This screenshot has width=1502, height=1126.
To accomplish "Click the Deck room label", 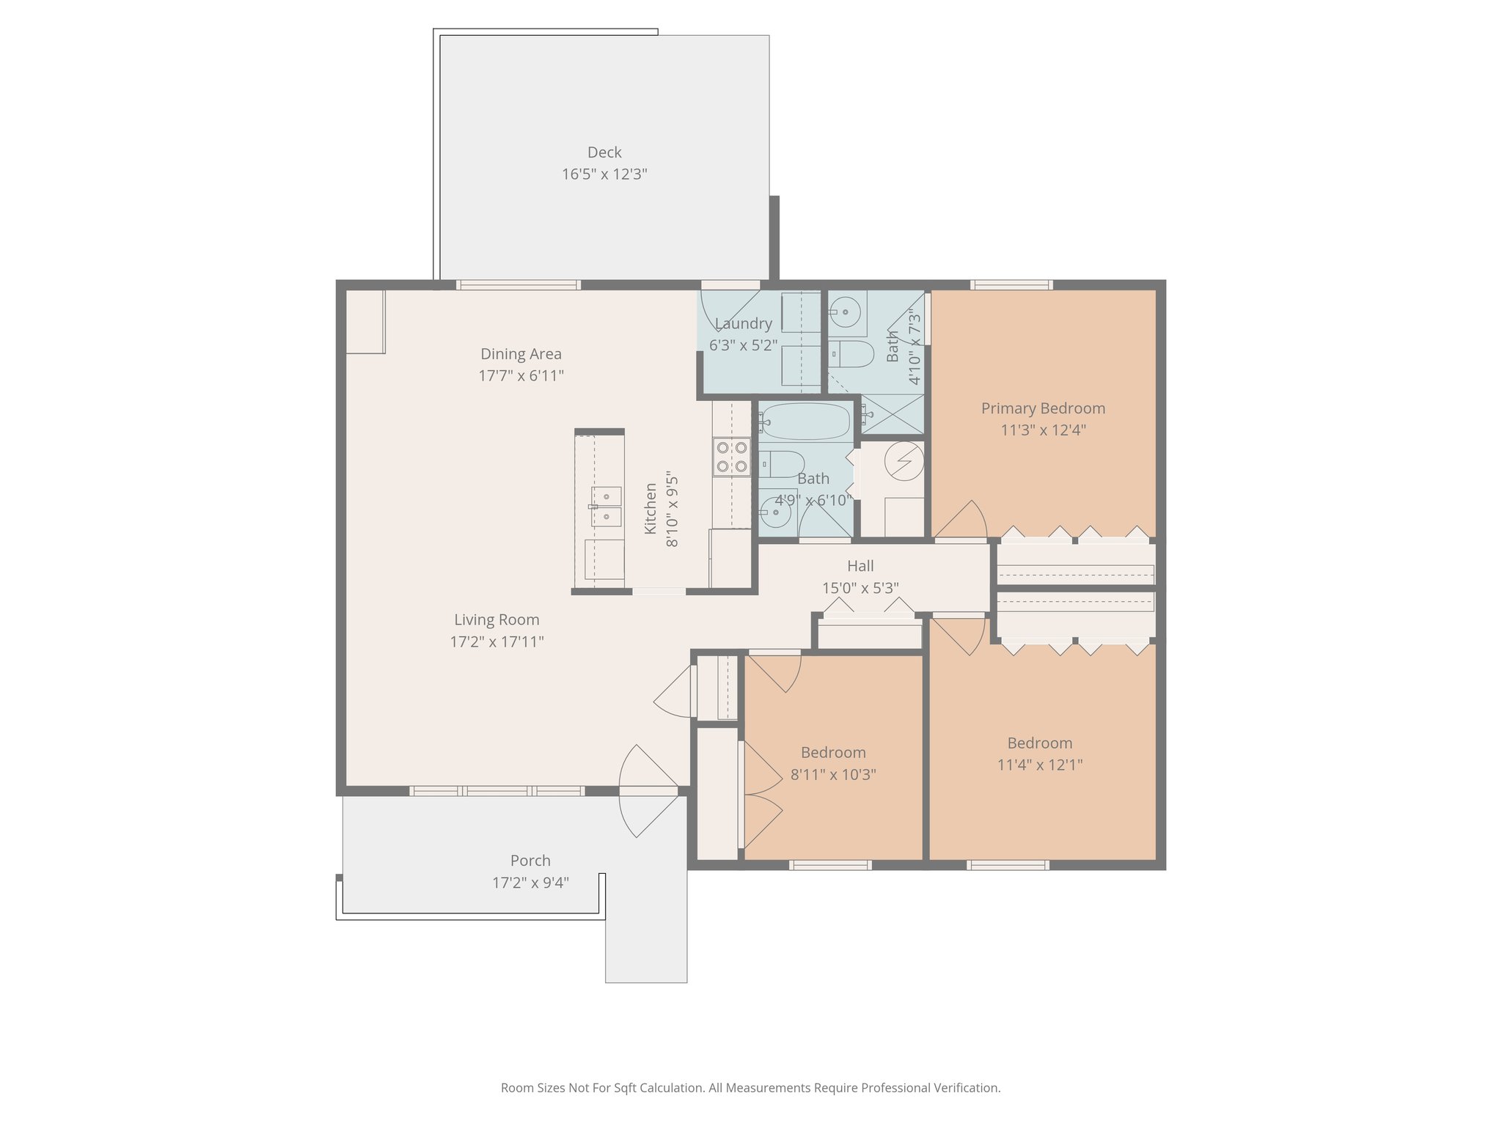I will pos(604,152).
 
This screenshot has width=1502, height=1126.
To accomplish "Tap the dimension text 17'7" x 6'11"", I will pos(521,376).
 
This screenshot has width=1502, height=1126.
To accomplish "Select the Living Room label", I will pos(497,619).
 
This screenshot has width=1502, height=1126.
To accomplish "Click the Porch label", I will pos(530,861).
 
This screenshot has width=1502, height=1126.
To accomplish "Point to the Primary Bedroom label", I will pos(1043,408).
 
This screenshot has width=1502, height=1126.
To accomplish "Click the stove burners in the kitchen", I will pos(732,456).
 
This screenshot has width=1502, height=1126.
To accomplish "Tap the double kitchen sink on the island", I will pos(607,507).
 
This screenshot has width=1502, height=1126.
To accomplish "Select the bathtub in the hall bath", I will pos(805,421).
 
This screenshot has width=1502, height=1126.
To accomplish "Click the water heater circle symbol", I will pos(903,461).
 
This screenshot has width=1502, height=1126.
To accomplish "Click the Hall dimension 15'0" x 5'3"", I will pos(860,588).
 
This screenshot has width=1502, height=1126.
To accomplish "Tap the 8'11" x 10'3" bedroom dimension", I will pos(833,775).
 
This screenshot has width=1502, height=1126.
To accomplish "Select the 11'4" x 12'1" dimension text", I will pos(1040,765).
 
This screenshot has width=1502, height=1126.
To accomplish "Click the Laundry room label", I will pos(743,323).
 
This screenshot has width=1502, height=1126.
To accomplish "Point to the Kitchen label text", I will pos(651,508).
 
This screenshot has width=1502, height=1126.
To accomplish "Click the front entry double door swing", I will pos(648,791).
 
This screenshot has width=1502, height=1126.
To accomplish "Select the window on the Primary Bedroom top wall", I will pos(1011,285).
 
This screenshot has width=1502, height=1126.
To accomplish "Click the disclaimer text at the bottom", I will pos(750,1088).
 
